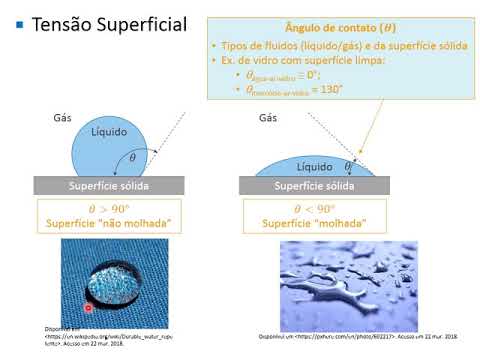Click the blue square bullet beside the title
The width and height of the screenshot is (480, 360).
pos(19,24)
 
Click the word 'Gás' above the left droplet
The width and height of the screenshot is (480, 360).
pos(62,119)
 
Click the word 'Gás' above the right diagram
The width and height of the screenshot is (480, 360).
pos(267,119)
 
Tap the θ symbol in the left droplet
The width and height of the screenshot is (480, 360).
pos(132,158)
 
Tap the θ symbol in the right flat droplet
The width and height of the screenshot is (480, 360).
pos(347,166)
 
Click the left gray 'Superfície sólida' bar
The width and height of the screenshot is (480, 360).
pos(110,185)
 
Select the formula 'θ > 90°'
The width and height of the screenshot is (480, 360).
pos(110,209)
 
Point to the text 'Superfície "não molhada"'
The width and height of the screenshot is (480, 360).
pos(110,224)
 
